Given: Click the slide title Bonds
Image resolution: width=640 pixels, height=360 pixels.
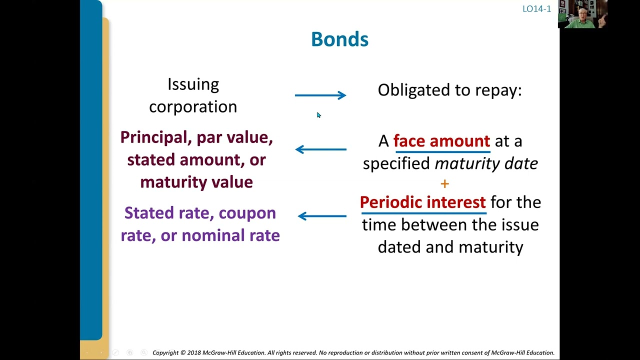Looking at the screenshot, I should (x=339, y=39).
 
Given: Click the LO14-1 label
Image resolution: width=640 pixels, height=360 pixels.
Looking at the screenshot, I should (x=536, y=9).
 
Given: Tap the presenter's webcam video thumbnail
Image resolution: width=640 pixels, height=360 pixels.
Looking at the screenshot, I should (x=582, y=14).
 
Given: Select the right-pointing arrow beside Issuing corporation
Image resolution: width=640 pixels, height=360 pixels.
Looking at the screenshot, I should (x=320, y=95).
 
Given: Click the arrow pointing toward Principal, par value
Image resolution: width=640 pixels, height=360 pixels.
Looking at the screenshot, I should (x=320, y=149).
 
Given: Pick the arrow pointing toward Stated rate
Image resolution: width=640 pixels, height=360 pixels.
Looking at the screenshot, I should (x=322, y=216).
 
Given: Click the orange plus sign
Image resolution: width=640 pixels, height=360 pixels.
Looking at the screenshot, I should (x=444, y=184).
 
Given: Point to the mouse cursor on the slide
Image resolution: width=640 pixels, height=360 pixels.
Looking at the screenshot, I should (x=318, y=115).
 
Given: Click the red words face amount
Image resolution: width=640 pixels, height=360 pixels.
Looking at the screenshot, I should (x=441, y=141).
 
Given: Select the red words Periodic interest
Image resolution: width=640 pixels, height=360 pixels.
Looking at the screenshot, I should (x=422, y=202).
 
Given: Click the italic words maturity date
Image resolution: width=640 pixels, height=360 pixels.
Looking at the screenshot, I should (x=486, y=163).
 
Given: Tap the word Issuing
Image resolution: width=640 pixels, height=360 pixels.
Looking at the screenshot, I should (x=193, y=84).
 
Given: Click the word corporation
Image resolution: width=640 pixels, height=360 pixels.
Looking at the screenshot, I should (x=193, y=106).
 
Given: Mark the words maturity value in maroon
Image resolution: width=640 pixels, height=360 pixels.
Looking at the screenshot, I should (x=196, y=181).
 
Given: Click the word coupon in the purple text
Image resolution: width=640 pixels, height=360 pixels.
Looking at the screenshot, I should (x=247, y=213).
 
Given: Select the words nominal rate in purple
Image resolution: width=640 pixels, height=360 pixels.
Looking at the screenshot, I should (x=230, y=235).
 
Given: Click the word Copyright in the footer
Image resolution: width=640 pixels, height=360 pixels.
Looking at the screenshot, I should (x=165, y=352).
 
